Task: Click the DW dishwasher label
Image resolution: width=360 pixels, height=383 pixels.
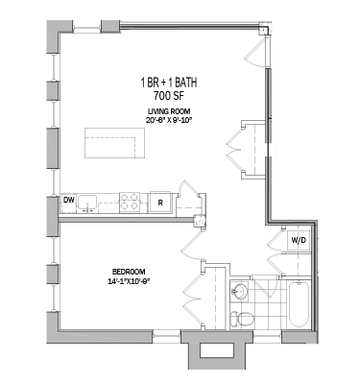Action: tap(69, 201)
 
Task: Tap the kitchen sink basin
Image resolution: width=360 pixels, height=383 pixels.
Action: tap(89, 202)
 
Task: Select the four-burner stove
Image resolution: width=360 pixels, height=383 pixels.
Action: tap(129, 201)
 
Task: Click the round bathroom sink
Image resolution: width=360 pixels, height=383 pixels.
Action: tap(241, 289)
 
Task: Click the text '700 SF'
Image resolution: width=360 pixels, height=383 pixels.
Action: tap(168, 96)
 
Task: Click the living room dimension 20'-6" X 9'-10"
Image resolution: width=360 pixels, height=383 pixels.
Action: tap(168, 122)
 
